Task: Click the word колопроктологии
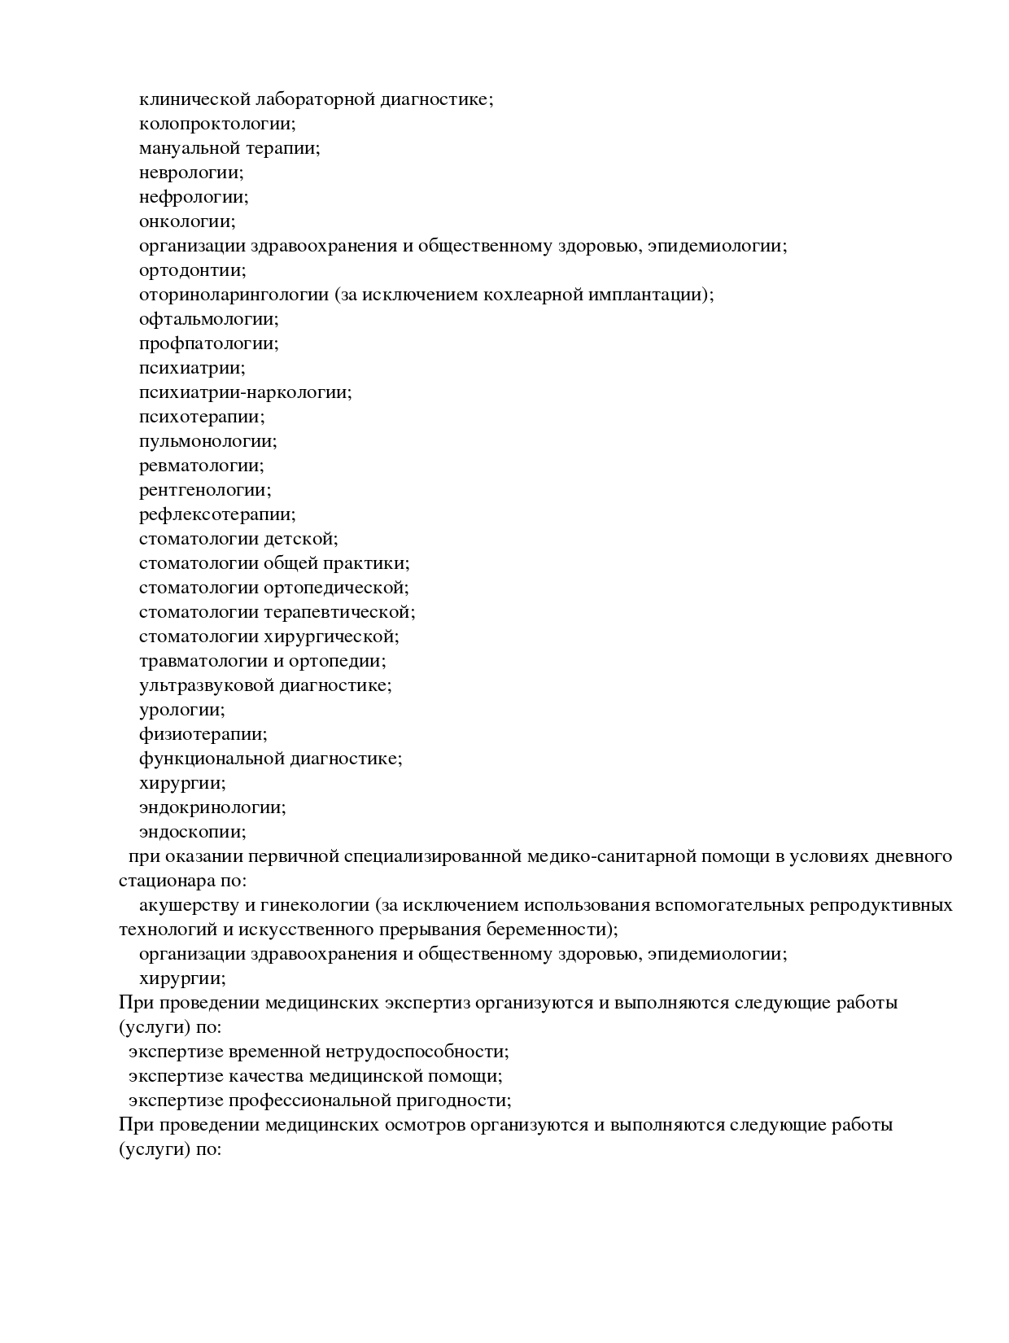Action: pyautogui.click(x=215, y=125)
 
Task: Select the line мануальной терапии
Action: pyautogui.click(x=229, y=149)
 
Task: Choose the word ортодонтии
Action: pyautogui.click(x=190, y=271)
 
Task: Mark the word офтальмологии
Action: pyautogui.click(x=207, y=320)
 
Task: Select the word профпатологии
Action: pyautogui.click(x=207, y=344)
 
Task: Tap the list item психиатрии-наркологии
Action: pyautogui.click(x=244, y=393)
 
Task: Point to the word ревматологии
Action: pyautogui.click(x=199, y=466)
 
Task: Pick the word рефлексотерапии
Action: pyautogui.click(x=216, y=515)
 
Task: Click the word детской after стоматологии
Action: pyautogui.click(x=310, y=540)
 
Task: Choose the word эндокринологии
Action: pyautogui.click(x=211, y=808)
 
